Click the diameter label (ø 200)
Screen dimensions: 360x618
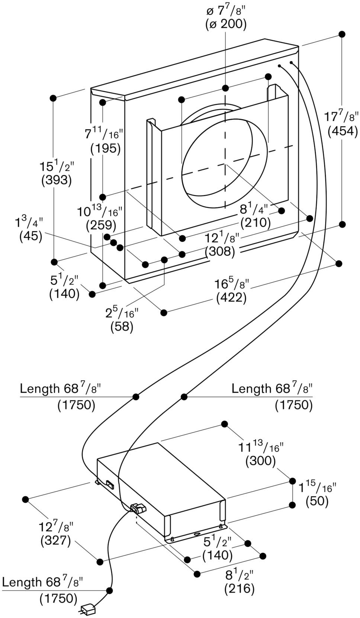click(x=226, y=24)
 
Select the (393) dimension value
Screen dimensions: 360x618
click(x=57, y=180)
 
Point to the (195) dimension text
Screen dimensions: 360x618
click(x=106, y=149)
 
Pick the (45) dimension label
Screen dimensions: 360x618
click(x=31, y=237)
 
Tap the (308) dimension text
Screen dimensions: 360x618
click(x=220, y=251)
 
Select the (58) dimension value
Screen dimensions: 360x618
click(x=122, y=326)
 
